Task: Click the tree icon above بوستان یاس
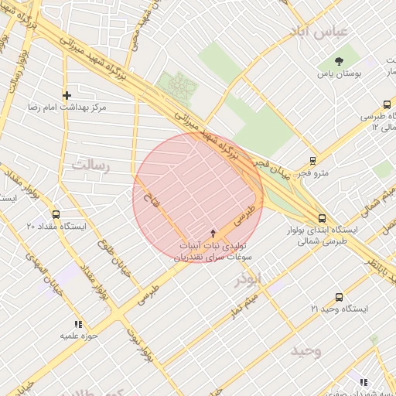[x=339, y=61]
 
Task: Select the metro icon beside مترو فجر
[x=312, y=161]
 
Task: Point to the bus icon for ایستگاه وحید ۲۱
[x=339, y=297]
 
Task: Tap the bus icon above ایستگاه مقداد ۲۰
[x=55, y=214]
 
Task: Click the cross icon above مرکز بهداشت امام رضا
[x=67, y=95]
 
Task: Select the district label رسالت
[x=91, y=165]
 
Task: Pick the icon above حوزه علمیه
[x=77, y=325]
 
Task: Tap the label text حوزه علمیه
[x=78, y=337]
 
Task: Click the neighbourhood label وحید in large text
[x=306, y=351]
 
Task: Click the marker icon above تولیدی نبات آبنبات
[x=213, y=233]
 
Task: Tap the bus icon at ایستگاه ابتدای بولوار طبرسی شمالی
[x=322, y=218]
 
